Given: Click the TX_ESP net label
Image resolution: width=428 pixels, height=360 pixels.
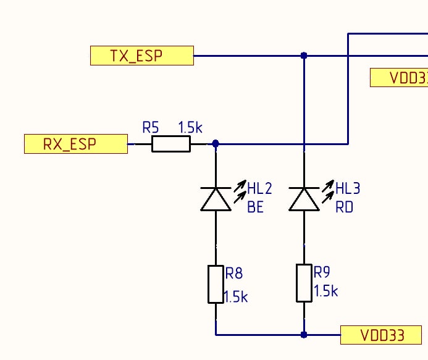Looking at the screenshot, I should pyautogui.click(x=141, y=56).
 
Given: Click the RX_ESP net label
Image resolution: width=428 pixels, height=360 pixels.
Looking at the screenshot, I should pyautogui.click(x=75, y=144).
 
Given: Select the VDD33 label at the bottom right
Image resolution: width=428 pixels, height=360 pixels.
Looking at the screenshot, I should pyautogui.click(x=381, y=335).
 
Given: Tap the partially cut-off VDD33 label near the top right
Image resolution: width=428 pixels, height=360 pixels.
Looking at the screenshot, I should pyautogui.click(x=399, y=78).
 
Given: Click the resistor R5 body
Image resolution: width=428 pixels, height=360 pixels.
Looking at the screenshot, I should pyautogui.click(x=171, y=144).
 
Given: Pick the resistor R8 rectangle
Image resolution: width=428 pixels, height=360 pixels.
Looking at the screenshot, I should pyautogui.click(x=216, y=284).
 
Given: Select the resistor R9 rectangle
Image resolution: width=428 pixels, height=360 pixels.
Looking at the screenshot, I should pyautogui.click(x=304, y=283).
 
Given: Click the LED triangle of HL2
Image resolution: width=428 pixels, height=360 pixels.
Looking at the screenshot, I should pyautogui.click(x=216, y=199).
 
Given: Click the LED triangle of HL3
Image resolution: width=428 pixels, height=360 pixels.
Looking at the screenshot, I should pyautogui.click(x=304, y=199).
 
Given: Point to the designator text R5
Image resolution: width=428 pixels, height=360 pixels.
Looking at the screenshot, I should pyautogui.click(x=151, y=128).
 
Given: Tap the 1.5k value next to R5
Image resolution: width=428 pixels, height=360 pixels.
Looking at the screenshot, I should pyautogui.click(x=190, y=128).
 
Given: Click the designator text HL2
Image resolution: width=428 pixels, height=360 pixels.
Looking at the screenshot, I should pyautogui.click(x=260, y=188).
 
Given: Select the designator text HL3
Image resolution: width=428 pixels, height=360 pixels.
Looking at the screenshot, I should pyautogui.click(x=348, y=188).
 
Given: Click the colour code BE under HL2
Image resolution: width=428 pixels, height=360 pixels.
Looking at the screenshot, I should pyautogui.click(x=256, y=207).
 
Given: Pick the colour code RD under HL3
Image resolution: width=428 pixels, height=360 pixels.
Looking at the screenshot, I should pyautogui.click(x=344, y=207).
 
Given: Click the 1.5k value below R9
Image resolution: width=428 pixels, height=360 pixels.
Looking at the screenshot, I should pyautogui.click(x=325, y=291).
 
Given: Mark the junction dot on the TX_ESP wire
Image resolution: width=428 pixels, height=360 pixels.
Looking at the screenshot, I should pyautogui.click(x=303, y=56).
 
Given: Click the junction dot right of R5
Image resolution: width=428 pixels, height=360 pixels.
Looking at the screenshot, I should pyautogui.click(x=216, y=144).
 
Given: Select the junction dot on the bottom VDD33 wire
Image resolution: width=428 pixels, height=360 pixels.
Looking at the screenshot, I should pyautogui.click(x=303, y=335).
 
